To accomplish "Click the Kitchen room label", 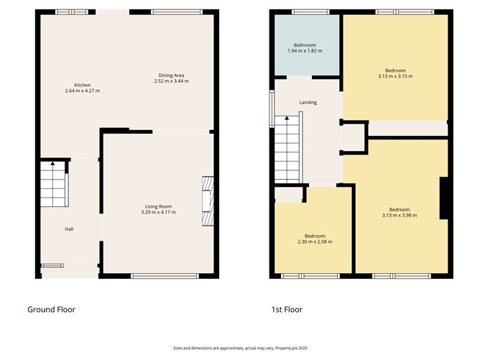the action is pyautogui.click(x=83, y=85).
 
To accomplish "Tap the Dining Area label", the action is pyautogui.click(x=172, y=75).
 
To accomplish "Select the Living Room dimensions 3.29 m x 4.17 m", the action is pyautogui.click(x=159, y=212).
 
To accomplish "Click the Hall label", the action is pyautogui.click(x=69, y=229).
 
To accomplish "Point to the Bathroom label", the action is pyautogui.click(x=305, y=45).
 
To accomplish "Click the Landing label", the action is pyautogui.click(x=308, y=102).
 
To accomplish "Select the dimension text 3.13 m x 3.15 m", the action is pyautogui.click(x=395, y=76).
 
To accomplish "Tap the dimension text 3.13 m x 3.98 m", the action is pyautogui.click(x=400, y=215).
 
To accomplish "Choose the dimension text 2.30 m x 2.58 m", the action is pyautogui.click(x=315, y=241).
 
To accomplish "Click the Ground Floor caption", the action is pyautogui.click(x=52, y=310).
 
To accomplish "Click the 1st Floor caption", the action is pyautogui.click(x=287, y=310).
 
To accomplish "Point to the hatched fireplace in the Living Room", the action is pyautogui.click(x=208, y=201).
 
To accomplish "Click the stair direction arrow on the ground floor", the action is pyautogui.click(x=52, y=163).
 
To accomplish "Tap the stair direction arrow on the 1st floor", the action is pyautogui.click(x=287, y=118).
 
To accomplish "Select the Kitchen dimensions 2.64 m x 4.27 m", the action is pyautogui.click(x=83, y=91).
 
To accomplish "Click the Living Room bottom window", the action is pyautogui.click(x=165, y=276).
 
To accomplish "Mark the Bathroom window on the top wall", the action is pyautogui.click(x=310, y=12).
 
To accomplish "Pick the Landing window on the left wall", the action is pyautogui.click(x=272, y=109).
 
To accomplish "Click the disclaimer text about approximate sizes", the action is pyautogui.click(x=240, y=348).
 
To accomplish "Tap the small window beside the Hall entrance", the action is pyautogui.click(x=52, y=266).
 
